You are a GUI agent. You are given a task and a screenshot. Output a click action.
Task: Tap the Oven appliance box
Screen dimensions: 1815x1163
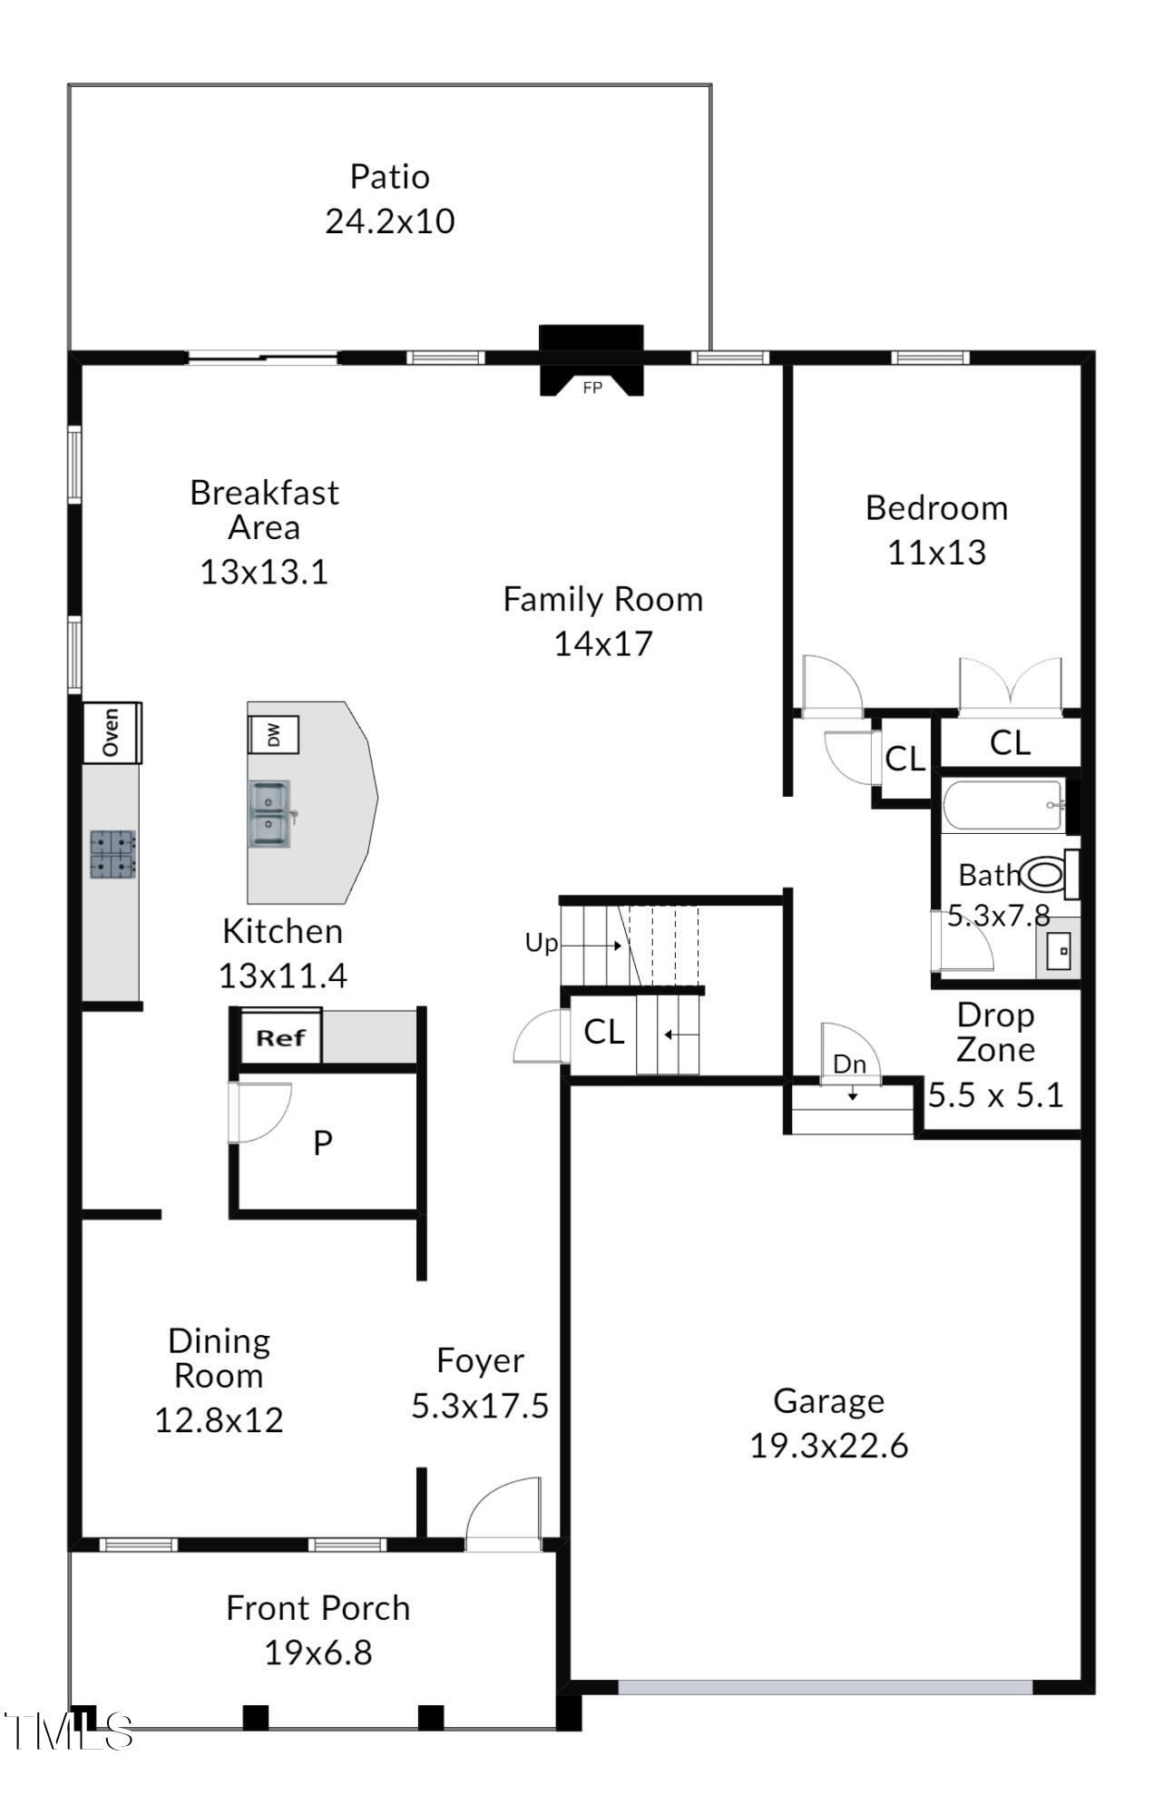click(112, 732)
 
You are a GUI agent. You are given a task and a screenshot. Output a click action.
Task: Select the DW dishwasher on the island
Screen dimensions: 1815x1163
click(273, 734)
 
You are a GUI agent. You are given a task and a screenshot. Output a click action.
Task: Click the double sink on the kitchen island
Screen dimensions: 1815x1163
click(270, 814)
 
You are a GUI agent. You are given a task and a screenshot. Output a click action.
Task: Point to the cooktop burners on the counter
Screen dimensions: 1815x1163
click(113, 854)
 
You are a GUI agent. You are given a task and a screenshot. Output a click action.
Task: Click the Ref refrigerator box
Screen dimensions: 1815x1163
click(280, 1037)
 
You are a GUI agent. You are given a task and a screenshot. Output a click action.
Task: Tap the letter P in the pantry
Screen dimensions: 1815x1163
click(323, 1143)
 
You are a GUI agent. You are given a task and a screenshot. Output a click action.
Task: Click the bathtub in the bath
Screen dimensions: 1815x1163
click(1002, 806)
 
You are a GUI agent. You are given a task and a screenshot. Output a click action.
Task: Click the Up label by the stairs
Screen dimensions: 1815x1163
click(542, 944)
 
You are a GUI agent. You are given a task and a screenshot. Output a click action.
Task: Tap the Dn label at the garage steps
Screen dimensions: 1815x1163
click(850, 1064)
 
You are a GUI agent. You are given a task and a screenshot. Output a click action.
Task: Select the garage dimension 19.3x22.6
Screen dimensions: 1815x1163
click(828, 1446)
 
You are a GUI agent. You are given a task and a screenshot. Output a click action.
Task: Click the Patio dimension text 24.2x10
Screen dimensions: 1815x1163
click(390, 221)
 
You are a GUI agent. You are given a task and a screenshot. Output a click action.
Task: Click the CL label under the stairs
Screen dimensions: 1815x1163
click(604, 1032)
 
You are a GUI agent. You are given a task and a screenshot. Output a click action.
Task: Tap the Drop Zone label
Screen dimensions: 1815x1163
click(995, 1032)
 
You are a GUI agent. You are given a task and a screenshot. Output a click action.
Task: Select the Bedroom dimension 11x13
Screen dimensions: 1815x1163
click(936, 552)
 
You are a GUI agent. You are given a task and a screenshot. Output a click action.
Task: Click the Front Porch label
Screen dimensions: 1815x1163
click(318, 1608)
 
